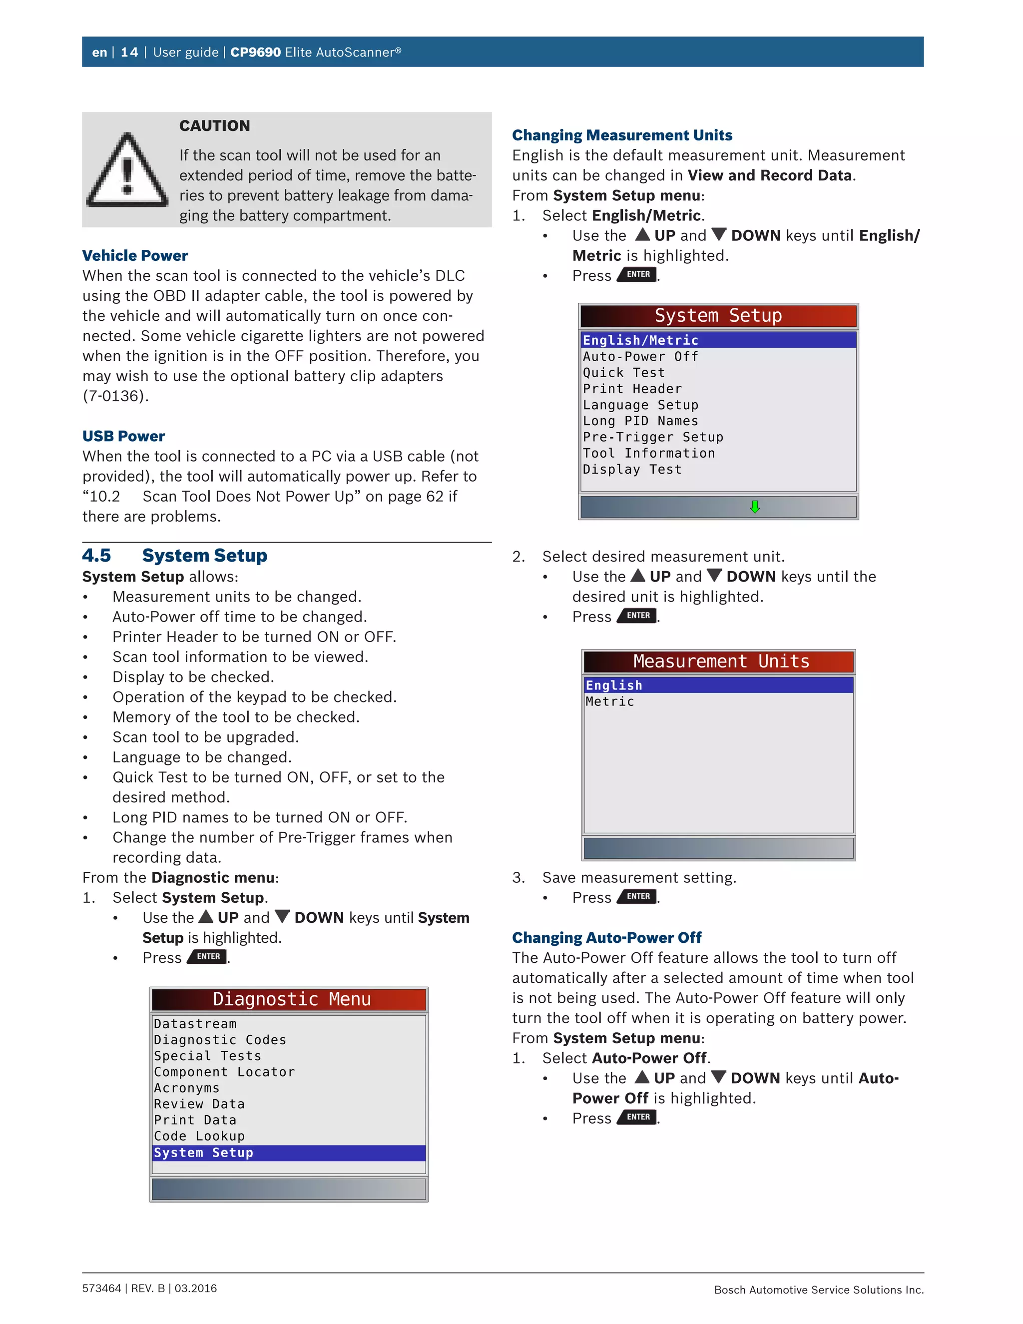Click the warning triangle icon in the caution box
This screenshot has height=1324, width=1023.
pos(127,171)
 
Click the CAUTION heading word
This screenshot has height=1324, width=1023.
pos(214,125)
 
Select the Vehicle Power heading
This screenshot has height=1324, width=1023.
pos(135,255)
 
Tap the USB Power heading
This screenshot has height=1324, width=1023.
pos(124,436)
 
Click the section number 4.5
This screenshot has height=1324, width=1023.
pos(97,555)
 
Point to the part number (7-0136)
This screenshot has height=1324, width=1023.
pos(116,396)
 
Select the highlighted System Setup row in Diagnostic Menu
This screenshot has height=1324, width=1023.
pos(289,1153)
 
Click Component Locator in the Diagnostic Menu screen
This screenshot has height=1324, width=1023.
pos(224,1072)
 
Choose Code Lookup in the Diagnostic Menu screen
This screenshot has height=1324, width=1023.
pos(199,1136)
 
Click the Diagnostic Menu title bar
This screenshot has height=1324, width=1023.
pos(289,999)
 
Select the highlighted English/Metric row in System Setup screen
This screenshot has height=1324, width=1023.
pos(718,340)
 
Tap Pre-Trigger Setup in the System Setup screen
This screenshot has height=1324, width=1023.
pos(653,437)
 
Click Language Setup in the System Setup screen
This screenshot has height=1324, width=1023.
pos(640,405)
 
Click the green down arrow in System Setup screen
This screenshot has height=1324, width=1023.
pos(755,507)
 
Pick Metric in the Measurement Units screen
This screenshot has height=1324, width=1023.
pos(610,701)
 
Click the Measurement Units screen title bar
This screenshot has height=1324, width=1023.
pos(719,662)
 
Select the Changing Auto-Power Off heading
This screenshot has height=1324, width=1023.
pos(606,937)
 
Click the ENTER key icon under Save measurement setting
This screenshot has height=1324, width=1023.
pos(637,897)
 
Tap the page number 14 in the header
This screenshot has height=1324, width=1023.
pos(129,52)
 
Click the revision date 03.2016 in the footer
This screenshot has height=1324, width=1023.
pos(196,1288)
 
